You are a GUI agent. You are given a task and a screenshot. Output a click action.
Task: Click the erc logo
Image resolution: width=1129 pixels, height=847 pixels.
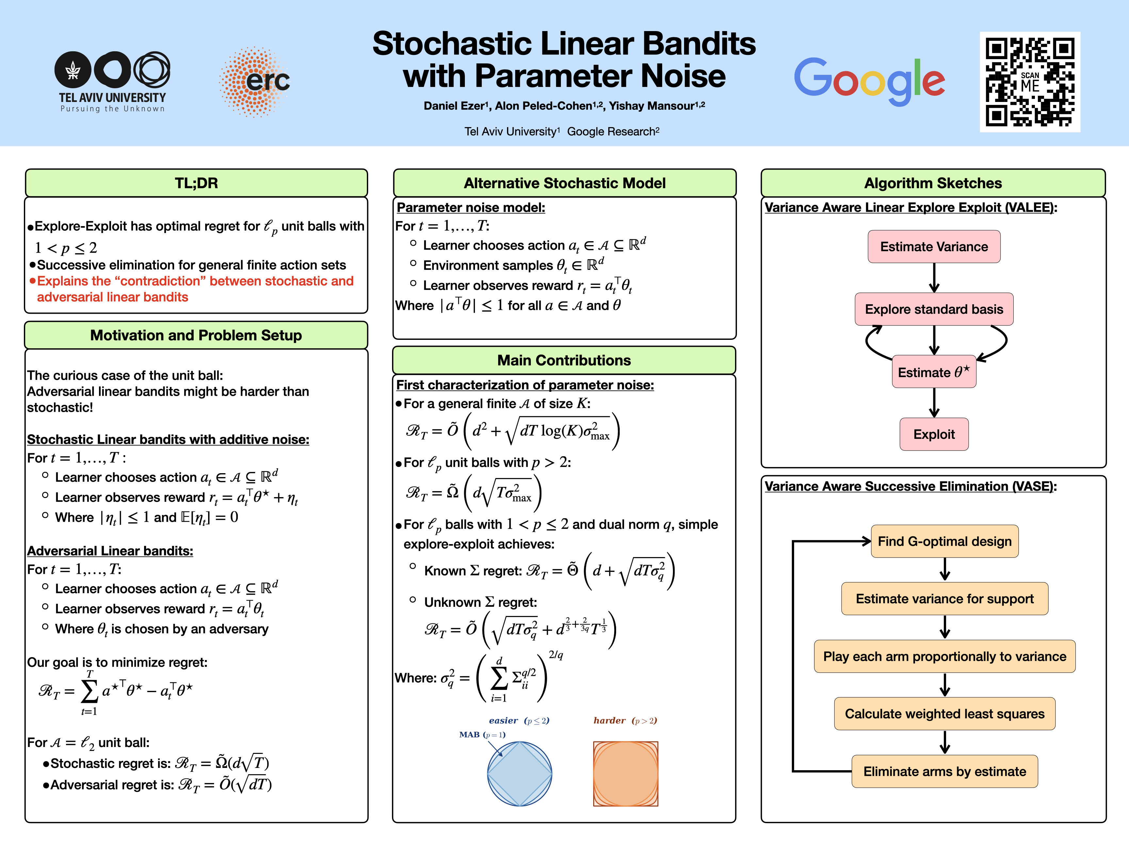click(x=255, y=82)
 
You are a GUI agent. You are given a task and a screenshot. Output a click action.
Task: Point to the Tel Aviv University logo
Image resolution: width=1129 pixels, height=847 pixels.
click(x=112, y=82)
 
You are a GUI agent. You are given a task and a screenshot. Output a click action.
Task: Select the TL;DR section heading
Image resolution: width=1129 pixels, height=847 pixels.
click(x=197, y=183)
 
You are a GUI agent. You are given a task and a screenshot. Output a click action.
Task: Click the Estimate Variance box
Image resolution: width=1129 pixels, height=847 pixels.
click(x=934, y=247)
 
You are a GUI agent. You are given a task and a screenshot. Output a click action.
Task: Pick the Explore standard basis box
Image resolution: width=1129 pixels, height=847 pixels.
click(x=934, y=309)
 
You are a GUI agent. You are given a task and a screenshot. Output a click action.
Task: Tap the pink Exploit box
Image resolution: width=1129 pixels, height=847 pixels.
click(x=934, y=434)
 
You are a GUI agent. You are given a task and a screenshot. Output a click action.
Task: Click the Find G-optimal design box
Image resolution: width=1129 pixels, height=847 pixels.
click(x=945, y=541)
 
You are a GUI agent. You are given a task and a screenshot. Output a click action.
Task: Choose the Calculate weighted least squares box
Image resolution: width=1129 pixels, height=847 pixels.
click(x=945, y=714)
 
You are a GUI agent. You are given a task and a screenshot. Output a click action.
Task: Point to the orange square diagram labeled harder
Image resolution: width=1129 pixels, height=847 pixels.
click(x=626, y=773)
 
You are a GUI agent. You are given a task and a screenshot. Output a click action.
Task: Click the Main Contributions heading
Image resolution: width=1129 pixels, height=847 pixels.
click(x=564, y=360)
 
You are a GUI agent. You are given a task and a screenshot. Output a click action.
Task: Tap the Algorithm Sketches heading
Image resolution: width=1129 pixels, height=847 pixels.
click(x=933, y=183)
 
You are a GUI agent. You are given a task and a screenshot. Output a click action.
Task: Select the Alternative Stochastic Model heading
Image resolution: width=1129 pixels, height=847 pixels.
click(x=564, y=183)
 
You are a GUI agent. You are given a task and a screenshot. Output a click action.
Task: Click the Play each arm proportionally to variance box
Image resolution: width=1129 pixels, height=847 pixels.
click(x=945, y=656)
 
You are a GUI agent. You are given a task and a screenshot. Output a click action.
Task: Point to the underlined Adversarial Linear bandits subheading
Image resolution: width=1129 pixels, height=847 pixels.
click(x=110, y=551)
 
